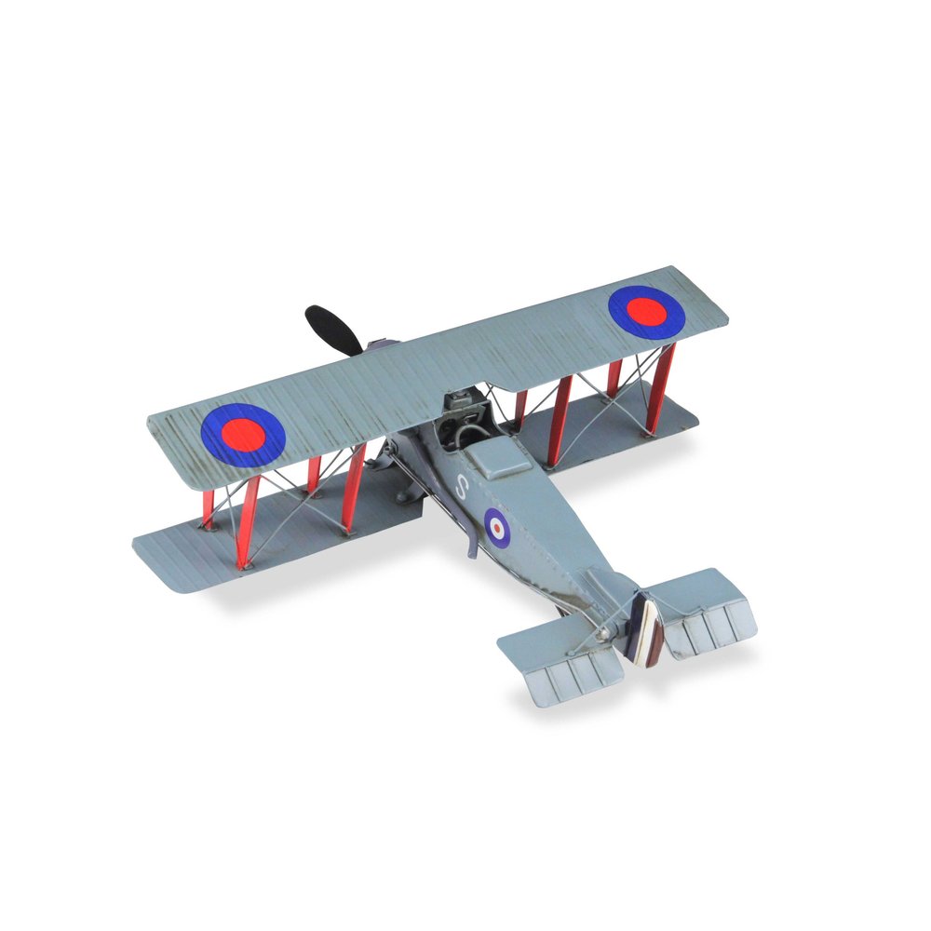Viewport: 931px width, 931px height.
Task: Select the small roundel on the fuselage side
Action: coord(497,527)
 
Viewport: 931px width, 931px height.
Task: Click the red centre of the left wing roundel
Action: coord(244,433)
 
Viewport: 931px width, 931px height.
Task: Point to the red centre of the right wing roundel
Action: coord(647,311)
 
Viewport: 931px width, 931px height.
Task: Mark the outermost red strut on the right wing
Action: coord(662,389)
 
